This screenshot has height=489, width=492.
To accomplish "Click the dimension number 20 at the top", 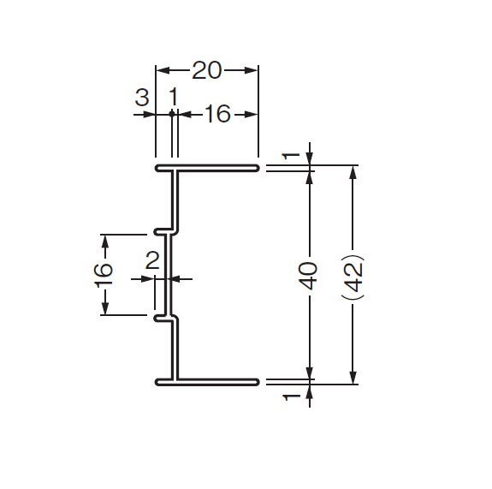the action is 206,70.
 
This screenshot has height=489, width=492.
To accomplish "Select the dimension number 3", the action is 142,97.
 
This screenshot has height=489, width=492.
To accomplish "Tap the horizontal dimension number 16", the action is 217,114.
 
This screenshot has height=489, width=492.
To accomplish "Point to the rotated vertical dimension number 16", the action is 104,275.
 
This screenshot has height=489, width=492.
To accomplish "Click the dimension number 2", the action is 152,260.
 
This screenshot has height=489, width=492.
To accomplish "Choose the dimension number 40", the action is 307,276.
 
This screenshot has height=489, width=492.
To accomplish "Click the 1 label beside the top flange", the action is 292,156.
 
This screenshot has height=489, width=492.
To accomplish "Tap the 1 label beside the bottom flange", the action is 292,397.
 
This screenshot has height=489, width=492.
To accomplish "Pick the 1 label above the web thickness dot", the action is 174,97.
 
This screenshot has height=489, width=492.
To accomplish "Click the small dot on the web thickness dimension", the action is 172,114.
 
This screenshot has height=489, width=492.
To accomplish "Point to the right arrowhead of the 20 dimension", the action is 252,70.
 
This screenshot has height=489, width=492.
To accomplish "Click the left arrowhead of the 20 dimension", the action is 163,70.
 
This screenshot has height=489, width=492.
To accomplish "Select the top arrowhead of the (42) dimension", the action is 353,172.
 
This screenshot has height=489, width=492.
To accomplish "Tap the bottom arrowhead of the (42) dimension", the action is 353,377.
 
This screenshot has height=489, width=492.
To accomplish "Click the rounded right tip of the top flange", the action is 258,168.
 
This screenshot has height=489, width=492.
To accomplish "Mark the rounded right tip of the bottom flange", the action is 258,382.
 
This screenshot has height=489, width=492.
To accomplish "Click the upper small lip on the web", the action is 160,232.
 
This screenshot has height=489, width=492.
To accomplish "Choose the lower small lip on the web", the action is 160,319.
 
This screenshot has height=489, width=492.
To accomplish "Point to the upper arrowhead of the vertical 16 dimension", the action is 105,242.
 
